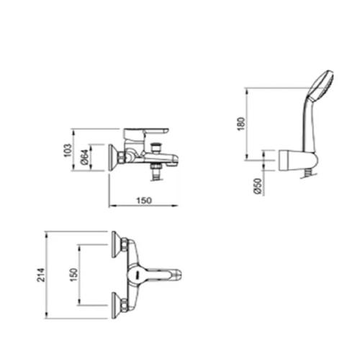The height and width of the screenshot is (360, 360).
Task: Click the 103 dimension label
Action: tap(68, 150)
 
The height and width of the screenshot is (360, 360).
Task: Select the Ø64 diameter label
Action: tap(85, 158)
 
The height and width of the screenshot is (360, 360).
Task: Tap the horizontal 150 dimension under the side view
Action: tap(144, 200)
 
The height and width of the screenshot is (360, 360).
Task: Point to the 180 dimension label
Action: tap(241, 124)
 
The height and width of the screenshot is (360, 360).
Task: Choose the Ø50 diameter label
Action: tap(258, 186)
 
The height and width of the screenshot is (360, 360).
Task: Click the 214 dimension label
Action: tap(41, 275)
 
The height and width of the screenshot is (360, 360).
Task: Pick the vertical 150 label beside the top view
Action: tap(74, 275)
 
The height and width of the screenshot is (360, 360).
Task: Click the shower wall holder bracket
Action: tap(298, 161)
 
